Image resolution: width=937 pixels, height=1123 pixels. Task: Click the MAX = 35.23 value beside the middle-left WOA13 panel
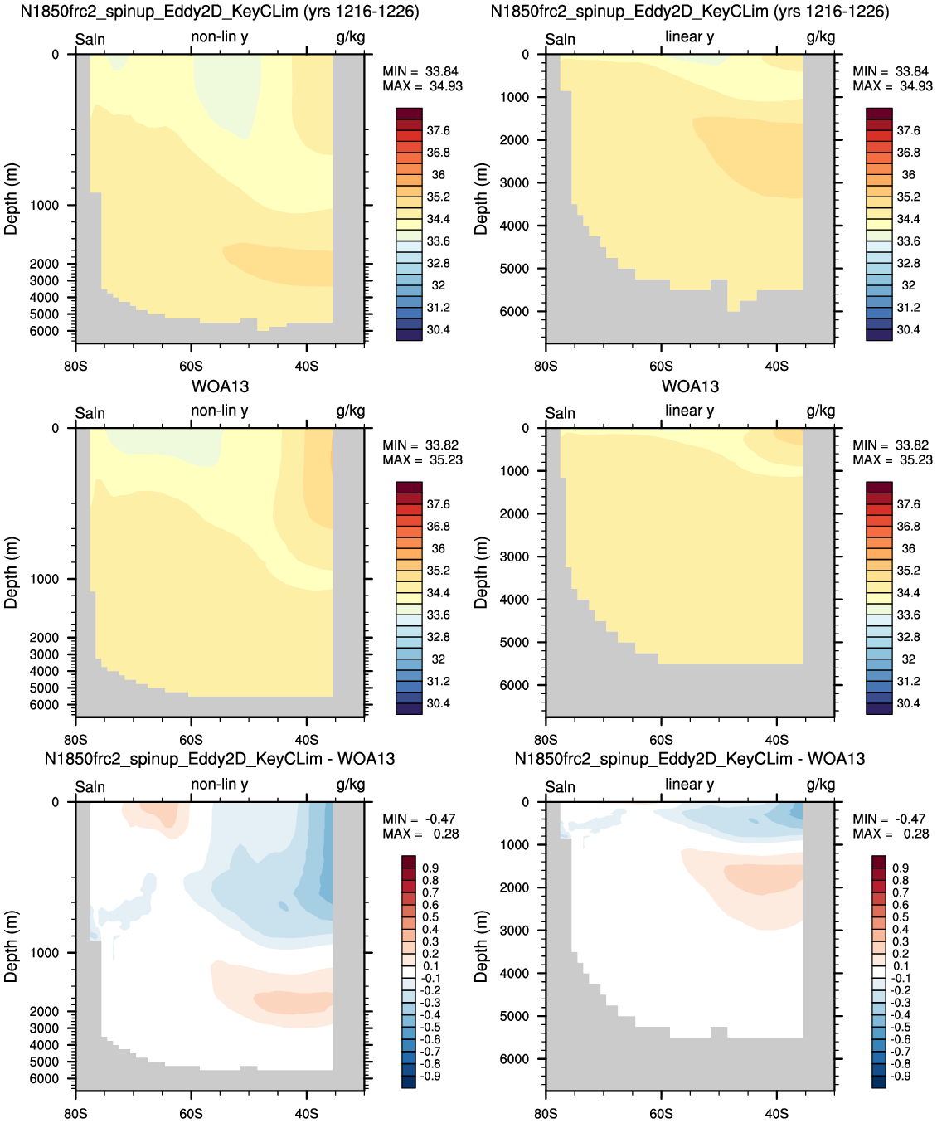pos(422,459)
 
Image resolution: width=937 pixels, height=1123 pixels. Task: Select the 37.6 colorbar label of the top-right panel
pos(909,131)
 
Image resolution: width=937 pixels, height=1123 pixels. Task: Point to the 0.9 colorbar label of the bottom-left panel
pos(431,868)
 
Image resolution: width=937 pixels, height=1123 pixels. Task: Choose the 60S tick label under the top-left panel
pos(191,367)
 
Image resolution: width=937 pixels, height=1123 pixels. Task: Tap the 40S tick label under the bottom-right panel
pos(777,1113)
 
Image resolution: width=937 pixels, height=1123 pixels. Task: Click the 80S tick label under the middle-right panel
pos(546,740)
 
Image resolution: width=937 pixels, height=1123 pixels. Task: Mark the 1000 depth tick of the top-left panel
pos(44,206)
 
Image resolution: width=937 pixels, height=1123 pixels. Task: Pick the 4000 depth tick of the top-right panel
pos(515,226)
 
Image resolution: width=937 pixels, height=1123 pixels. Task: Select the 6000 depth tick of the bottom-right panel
pos(515,1059)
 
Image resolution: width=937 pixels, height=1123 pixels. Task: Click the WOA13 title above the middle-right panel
pos(690,386)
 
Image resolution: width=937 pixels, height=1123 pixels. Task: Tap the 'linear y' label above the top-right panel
pos(690,36)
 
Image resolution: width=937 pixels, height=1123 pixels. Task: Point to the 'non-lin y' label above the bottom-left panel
pos(220,784)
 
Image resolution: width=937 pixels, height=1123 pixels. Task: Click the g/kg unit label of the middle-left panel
pos(351,411)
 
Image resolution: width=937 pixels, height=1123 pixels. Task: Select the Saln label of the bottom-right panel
pos(560,787)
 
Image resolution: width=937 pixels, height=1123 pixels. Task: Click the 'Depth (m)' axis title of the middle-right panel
pos(480,573)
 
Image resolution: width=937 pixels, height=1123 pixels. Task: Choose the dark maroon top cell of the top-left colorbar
pos(410,114)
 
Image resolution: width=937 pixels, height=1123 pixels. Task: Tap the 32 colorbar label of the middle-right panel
pos(909,659)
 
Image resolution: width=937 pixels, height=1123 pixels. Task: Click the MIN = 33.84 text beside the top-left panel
pos(420,71)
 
